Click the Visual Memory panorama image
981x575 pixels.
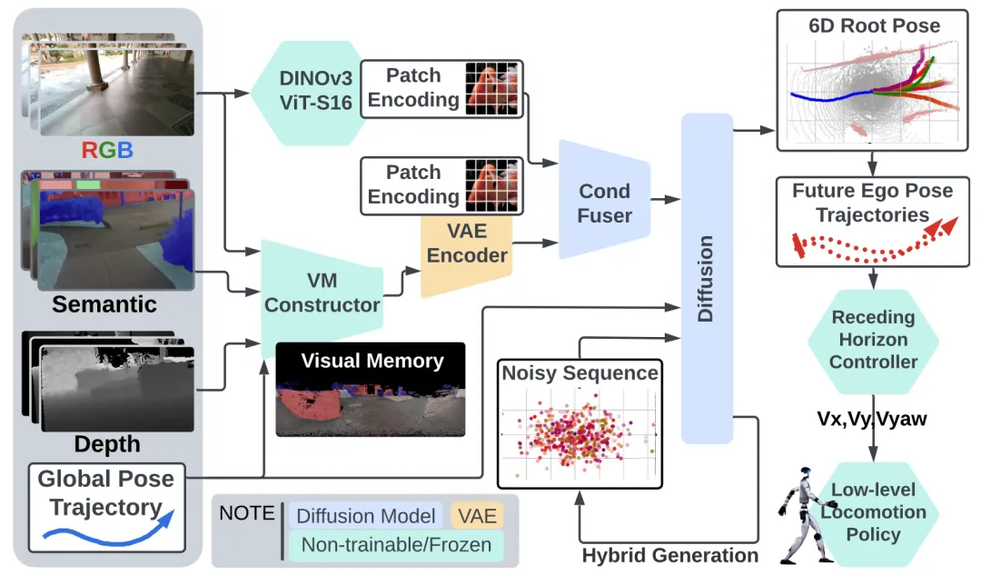coord(371,400)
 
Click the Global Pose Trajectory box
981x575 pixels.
coord(106,507)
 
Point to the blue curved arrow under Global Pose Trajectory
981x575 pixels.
coord(106,531)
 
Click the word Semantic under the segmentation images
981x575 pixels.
coord(104,303)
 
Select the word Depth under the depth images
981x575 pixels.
coord(106,445)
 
